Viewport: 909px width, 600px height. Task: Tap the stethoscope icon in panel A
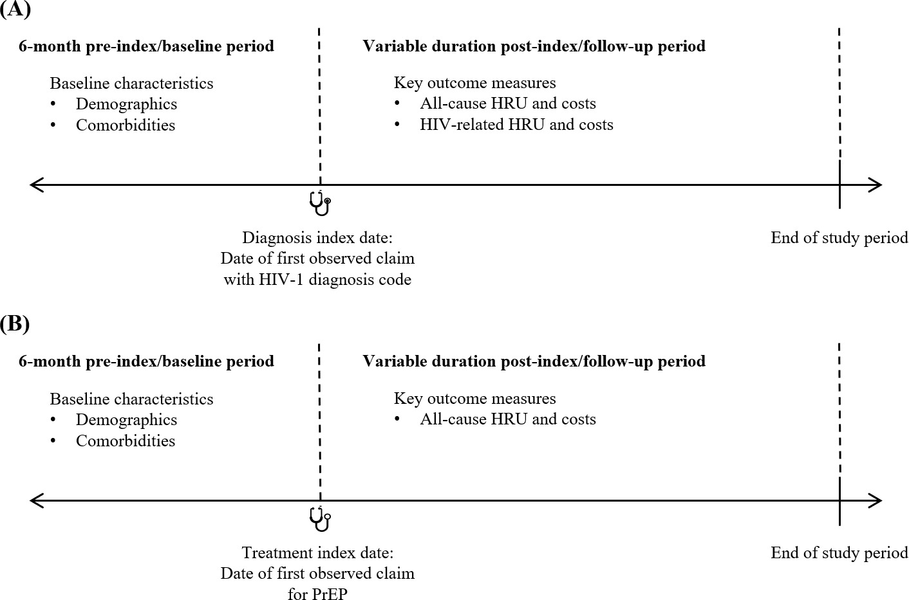pyautogui.click(x=320, y=203)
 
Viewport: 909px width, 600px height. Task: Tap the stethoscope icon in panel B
pyautogui.click(x=320, y=519)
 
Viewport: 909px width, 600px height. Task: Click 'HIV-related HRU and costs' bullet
pyautogui.click(x=516, y=125)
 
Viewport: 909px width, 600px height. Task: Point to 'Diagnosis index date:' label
pyautogui.click(x=317, y=238)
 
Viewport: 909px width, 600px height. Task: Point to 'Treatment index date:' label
pyautogui.click(x=317, y=553)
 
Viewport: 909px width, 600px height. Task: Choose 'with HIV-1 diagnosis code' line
pyautogui.click(x=317, y=280)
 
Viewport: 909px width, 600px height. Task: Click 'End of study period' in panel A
pyautogui.click(x=839, y=238)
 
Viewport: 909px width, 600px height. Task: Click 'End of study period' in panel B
pyautogui.click(x=839, y=553)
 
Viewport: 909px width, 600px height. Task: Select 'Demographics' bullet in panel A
pyautogui.click(x=126, y=104)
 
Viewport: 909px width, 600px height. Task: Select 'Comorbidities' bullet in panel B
pyautogui.click(x=126, y=441)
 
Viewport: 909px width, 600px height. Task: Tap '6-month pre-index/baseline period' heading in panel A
pyautogui.click(x=146, y=46)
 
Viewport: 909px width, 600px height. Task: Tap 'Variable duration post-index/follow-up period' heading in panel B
pyautogui.click(x=534, y=361)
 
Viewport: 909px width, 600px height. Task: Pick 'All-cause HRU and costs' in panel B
pyautogui.click(x=507, y=419)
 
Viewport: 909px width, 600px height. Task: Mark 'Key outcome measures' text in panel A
pyautogui.click(x=474, y=83)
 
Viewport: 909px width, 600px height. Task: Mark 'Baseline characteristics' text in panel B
pyautogui.click(x=131, y=399)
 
